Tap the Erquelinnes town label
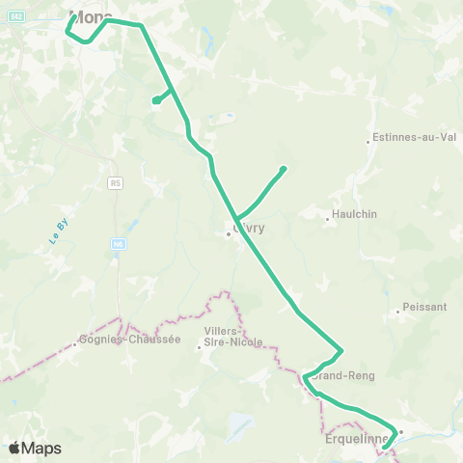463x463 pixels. coord(358,439)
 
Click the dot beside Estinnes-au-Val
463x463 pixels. coord(368,143)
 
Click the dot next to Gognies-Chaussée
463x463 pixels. coord(76,344)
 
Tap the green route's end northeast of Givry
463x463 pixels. coord(284,169)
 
